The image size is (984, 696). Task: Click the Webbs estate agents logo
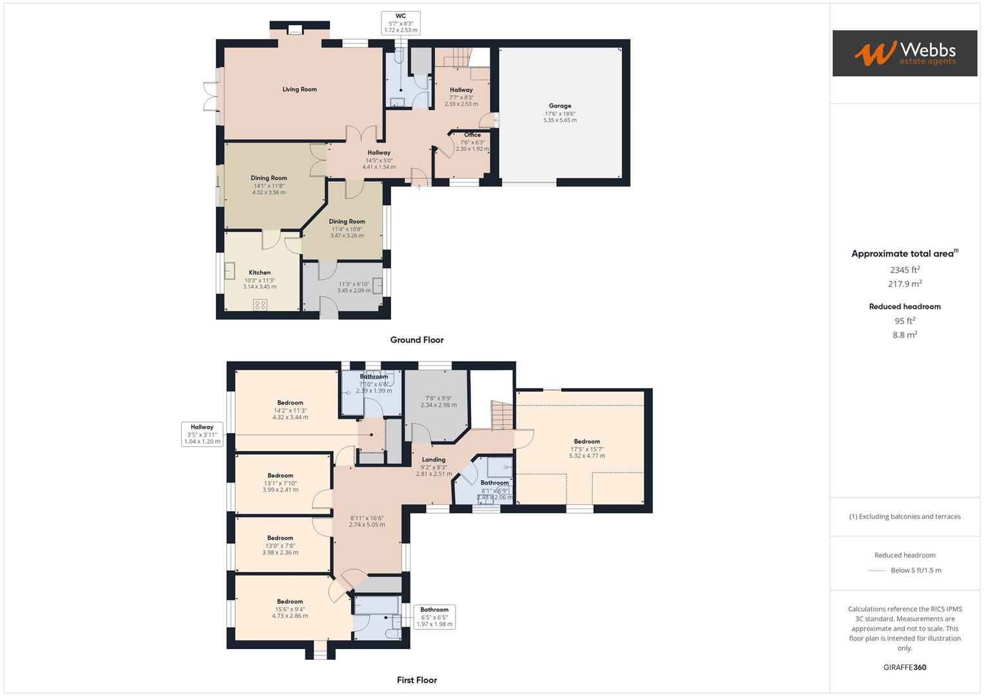[x=904, y=53]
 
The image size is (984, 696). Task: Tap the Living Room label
[x=300, y=90]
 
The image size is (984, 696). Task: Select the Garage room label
[x=559, y=106]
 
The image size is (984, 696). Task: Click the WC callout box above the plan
[x=400, y=23]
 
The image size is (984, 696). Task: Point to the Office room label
[x=472, y=135]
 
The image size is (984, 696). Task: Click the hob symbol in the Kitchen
[x=260, y=305]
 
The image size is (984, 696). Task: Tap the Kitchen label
[x=260, y=273]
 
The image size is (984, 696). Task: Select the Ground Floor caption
[x=416, y=340]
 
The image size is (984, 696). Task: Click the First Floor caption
[x=416, y=680]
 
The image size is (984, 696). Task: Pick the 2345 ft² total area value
[x=905, y=270]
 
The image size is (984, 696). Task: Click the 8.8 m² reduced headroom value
[x=905, y=334]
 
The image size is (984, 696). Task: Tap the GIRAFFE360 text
[x=905, y=667]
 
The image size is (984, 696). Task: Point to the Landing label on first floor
[x=433, y=459]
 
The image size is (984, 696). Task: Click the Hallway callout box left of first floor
[x=202, y=434]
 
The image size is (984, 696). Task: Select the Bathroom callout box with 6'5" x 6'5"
[x=434, y=617]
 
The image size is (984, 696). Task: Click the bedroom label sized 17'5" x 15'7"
[x=586, y=441]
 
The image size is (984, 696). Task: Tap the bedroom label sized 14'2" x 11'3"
[x=290, y=403]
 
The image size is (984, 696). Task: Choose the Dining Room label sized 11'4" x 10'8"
[x=347, y=222]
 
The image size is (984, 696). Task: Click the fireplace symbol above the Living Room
[x=295, y=29]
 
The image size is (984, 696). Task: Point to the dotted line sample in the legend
[x=877, y=570]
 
